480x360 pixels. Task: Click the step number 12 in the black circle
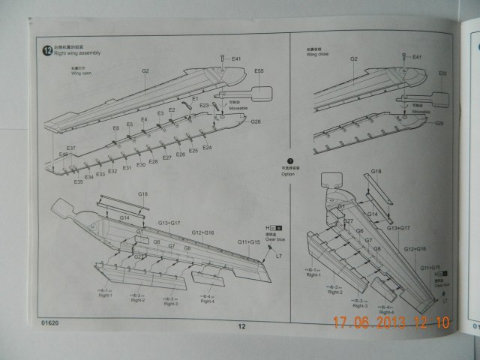[47, 49]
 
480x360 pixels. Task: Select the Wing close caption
[317, 54]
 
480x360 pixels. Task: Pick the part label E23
[204, 106]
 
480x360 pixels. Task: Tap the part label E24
[207, 148]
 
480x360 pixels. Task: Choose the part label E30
[141, 164]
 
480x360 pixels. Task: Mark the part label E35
[78, 182]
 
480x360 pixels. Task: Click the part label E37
[70, 148]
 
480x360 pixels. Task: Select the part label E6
[116, 128]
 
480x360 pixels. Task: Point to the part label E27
[168, 157]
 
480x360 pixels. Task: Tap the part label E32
[112, 172]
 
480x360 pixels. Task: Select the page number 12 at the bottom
[241, 325]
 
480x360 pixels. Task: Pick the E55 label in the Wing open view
[259, 71]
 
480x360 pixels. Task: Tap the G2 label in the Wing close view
[353, 58]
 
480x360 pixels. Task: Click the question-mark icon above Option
[289, 160]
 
